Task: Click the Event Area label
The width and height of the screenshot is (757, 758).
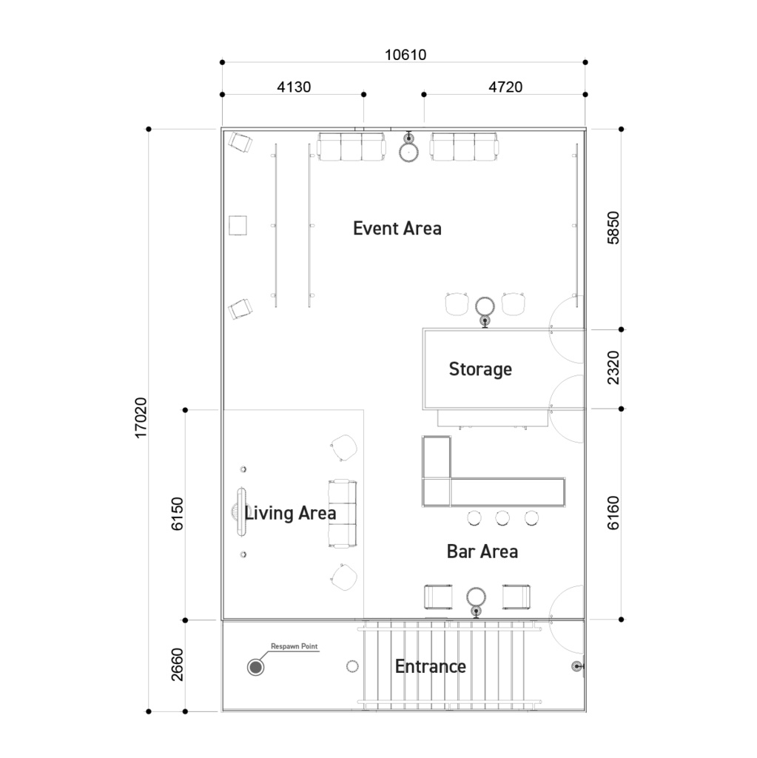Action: pos(397,228)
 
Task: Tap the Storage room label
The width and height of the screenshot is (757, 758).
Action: pos(480,369)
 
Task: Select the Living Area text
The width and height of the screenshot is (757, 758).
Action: pos(290,513)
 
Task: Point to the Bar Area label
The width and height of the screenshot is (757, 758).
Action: pos(482,551)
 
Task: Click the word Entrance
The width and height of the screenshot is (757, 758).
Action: pos(430,666)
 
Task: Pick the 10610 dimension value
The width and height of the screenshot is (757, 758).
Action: pos(405,55)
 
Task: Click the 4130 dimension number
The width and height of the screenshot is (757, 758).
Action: pos(294,87)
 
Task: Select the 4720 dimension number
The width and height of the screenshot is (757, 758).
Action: pos(505,87)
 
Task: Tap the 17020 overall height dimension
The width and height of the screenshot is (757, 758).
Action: pos(140,417)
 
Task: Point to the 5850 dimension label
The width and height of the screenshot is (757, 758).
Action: pos(613,228)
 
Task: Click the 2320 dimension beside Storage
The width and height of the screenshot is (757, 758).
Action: pos(613,368)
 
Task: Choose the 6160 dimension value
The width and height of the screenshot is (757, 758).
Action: pos(613,513)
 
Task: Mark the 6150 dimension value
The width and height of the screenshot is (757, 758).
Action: pos(177,514)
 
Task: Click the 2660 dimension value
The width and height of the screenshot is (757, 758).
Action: pos(177,665)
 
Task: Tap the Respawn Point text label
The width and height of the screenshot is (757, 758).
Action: pos(294,646)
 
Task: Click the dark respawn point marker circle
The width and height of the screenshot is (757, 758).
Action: pos(255,668)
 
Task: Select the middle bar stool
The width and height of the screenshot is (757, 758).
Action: pos(502,517)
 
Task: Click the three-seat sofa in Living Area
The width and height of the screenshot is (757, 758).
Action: pos(343,514)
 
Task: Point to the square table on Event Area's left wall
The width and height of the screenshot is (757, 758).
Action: pos(238,225)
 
